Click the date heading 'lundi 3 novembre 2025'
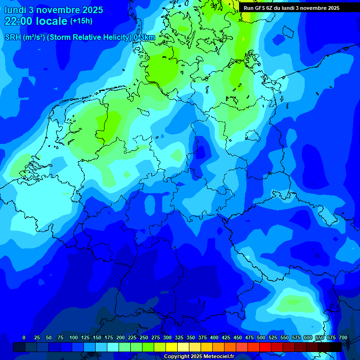click(53, 10)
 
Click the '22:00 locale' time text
click(36, 21)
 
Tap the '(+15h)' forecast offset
click(81, 21)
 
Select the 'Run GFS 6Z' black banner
click(292, 8)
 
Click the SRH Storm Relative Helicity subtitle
click(80, 37)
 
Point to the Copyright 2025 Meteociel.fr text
click(199, 357)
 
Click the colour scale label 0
click(24, 337)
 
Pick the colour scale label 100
click(74, 337)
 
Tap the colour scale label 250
click(144, 337)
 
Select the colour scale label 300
click(167, 337)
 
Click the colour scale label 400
click(214, 337)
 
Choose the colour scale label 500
click(261, 337)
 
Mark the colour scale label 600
click(308, 337)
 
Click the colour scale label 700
click(343, 337)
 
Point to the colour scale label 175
click(109, 337)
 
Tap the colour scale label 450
click(238, 337)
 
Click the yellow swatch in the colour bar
click(172, 347)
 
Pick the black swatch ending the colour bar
click(336, 347)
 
